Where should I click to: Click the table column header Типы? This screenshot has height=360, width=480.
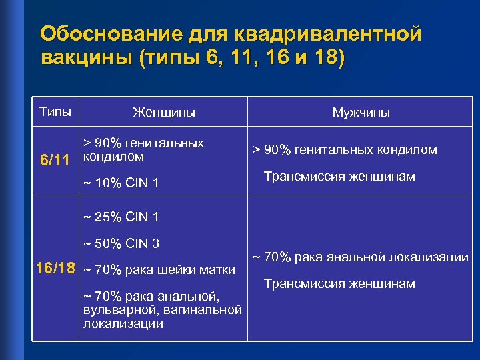[x=55, y=111]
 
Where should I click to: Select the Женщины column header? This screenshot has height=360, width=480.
[x=164, y=113]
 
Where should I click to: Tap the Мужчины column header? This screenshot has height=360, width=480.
[x=361, y=113]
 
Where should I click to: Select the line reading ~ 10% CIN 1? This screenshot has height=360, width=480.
[x=121, y=183]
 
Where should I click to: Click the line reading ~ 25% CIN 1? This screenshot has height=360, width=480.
[x=121, y=217]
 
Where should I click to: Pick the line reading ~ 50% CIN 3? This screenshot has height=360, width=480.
[x=121, y=243]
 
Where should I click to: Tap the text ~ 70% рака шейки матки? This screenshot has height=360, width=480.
[x=159, y=270]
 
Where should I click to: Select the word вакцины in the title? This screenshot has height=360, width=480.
[x=87, y=58]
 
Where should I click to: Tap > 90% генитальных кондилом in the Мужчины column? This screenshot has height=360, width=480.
[x=344, y=150]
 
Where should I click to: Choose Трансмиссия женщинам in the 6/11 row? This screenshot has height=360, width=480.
[x=339, y=177]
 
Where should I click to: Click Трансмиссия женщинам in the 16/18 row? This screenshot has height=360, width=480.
[x=339, y=284]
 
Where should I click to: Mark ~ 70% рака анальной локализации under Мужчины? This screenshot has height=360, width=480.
[x=360, y=257]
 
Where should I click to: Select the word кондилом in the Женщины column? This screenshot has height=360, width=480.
[x=113, y=157]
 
